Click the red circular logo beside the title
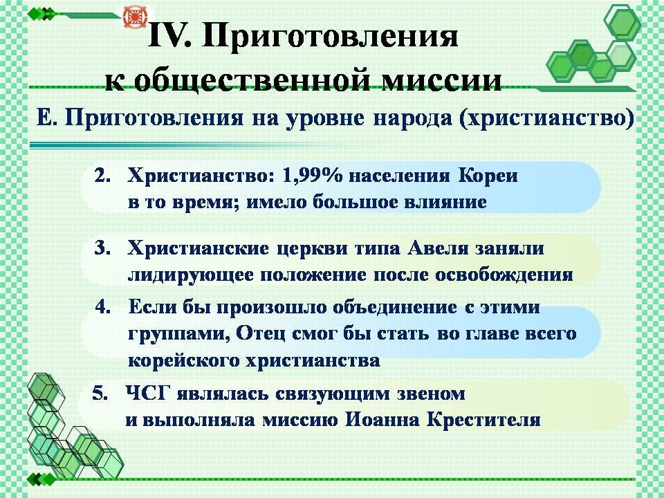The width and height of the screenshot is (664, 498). click(135, 17)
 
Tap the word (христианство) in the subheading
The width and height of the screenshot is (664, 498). click(546, 118)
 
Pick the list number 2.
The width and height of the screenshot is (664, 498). click(102, 175)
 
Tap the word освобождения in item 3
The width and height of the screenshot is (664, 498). click(504, 275)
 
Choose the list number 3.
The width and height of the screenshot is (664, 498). click(102, 248)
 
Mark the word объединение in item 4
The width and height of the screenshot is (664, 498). click(394, 307)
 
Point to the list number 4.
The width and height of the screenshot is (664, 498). click(102, 306)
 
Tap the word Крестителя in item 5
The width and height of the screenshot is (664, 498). click(483, 420)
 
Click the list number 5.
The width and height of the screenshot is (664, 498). click(100, 394)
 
